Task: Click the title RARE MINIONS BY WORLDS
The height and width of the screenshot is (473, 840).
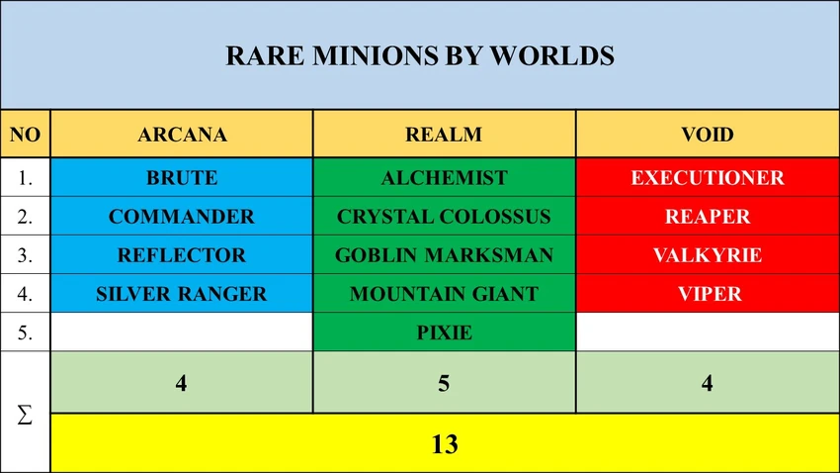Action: [x=420, y=56]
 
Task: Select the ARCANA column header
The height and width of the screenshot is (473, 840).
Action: [x=182, y=135]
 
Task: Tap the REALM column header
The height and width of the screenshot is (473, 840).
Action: [x=444, y=135]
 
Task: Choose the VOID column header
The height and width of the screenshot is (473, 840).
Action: [x=708, y=135]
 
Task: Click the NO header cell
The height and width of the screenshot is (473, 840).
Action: [x=25, y=135]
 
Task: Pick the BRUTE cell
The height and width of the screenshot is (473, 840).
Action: [x=182, y=178]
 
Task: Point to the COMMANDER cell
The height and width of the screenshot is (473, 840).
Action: [x=182, y=217]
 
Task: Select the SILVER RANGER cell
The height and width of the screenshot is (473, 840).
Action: [x=182, y=294]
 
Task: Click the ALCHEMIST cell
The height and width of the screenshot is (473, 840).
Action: [x=444, y=178]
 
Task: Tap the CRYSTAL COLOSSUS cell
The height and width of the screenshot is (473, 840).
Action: [x=444, y=217]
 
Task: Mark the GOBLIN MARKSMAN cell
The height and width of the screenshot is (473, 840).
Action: [x=444, y=255]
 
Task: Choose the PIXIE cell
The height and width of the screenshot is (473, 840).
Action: [x=444, y=332]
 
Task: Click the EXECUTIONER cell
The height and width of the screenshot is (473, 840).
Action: [x=708, y=178]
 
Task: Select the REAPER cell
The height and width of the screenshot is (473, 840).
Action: [x=708, y=217]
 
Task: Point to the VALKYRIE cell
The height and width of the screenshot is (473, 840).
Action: [x=708, y=255]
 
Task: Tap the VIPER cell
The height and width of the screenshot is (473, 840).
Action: [x=708, y=294]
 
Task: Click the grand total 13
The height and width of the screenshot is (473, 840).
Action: [x=444, y=444]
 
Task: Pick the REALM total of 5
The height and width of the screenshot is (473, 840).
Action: [x=444, y=382]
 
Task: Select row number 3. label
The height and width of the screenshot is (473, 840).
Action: [x=25, y=255]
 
